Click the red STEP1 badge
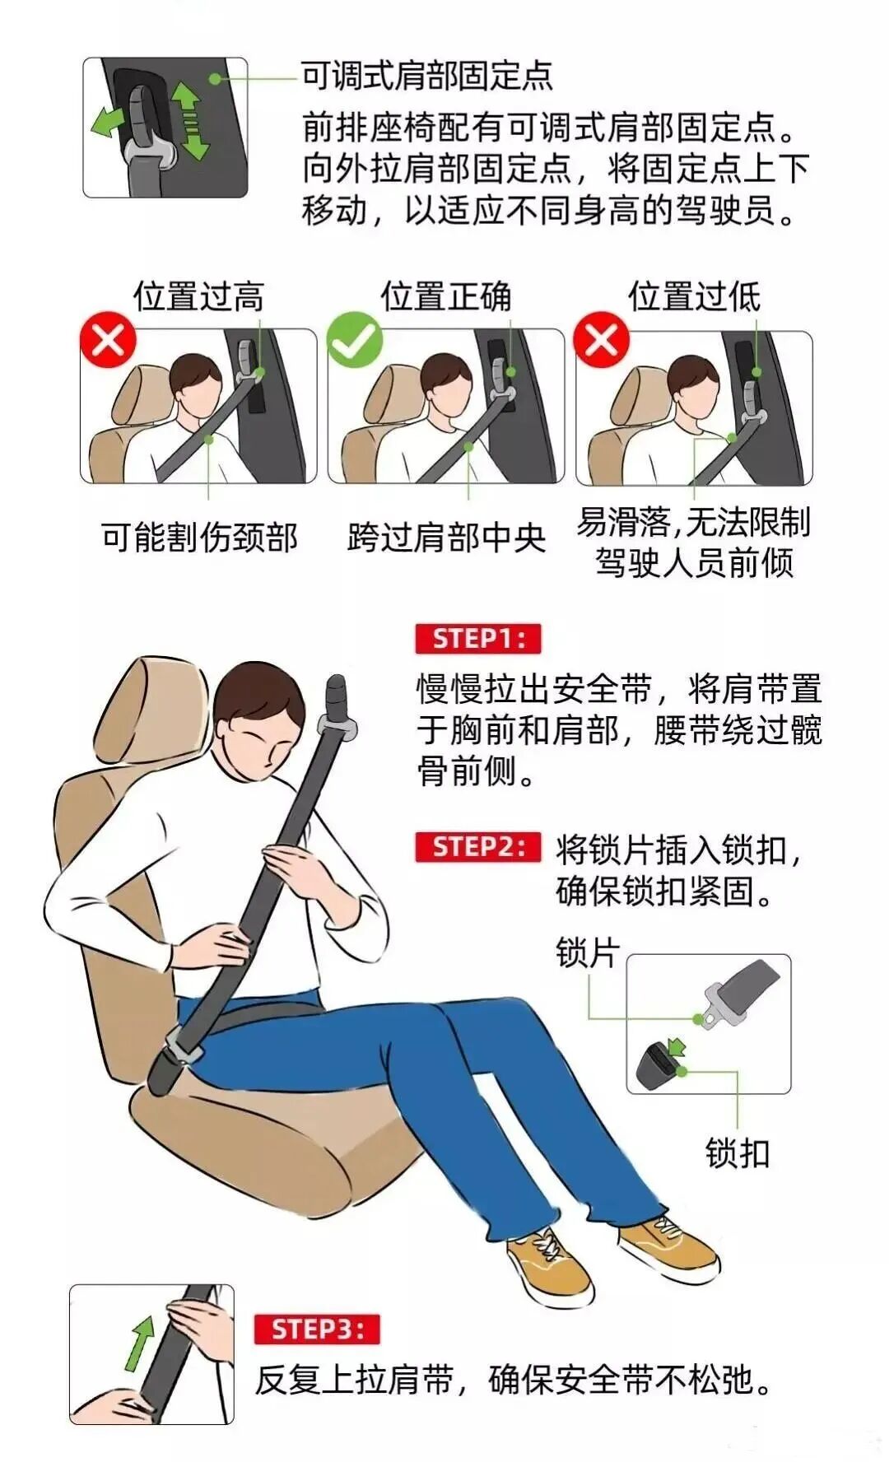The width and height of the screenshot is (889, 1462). coord(477,639)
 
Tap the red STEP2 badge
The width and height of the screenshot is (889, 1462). coord(477,847)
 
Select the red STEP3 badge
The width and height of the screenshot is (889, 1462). coord(317,1329)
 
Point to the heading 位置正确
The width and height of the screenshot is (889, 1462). coord(445,296)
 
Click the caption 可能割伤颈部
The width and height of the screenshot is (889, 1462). coord(199,538)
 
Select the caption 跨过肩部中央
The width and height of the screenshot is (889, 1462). coord(447,538)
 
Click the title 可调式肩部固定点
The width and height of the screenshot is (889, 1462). coord(426,76)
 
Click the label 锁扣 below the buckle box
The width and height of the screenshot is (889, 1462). coord(738,1152)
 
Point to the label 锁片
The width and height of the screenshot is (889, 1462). coord(588,952)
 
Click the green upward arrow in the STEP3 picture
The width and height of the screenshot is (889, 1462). coord(142,1343)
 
